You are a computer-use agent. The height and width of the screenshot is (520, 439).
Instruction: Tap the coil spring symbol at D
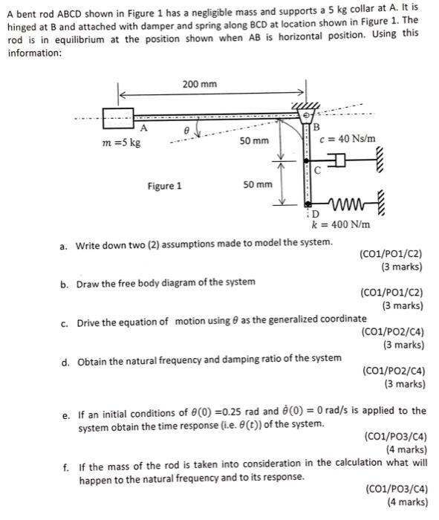pyautogui.click(x=346, y=203)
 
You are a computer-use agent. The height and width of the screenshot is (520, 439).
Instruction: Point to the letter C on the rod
pyautogui.click(x=316, y=170)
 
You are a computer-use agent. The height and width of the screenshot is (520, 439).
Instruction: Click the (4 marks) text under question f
pyautogui.click(x=406, y=501)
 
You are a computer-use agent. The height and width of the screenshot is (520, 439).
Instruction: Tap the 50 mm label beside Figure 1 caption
pyautogui.click(x=258, y=183)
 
